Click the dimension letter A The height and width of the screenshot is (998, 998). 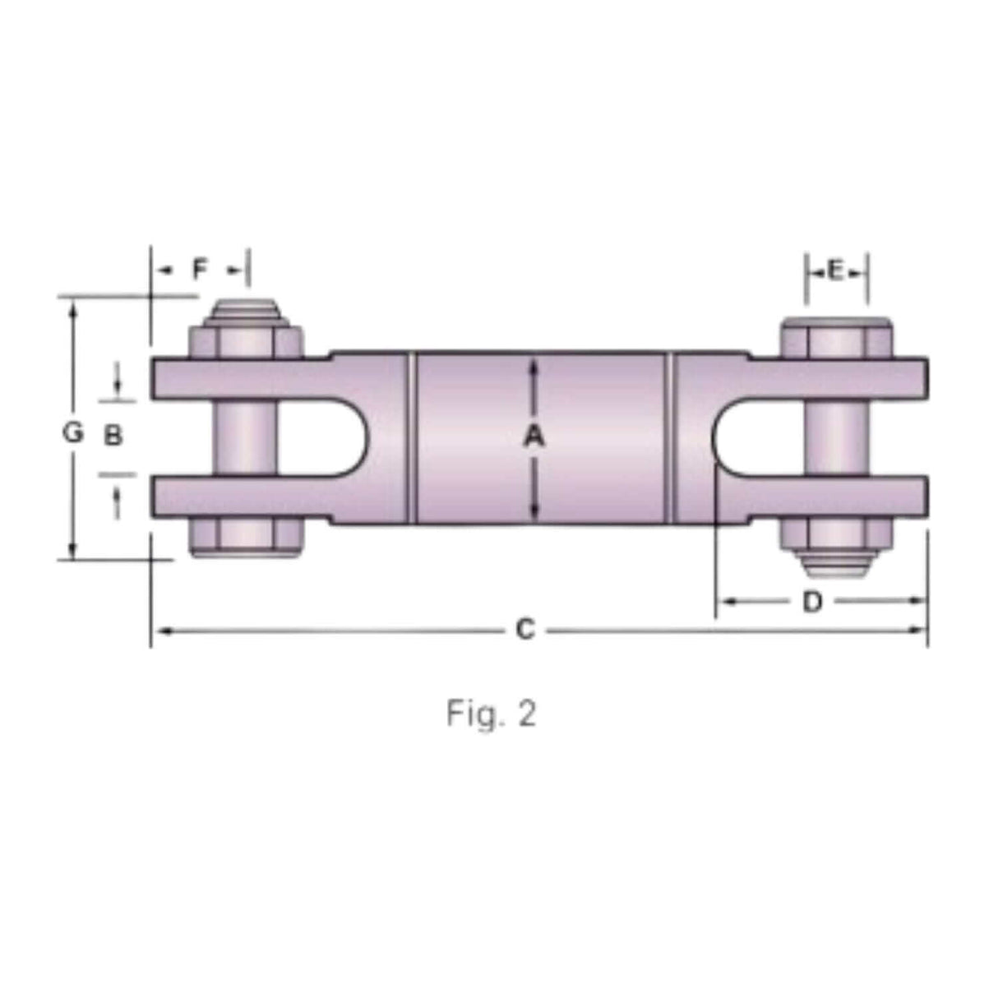(x=534, y=438)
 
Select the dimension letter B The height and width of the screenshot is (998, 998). (x=113, y=435)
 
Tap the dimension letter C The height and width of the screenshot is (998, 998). (x=524, y=630)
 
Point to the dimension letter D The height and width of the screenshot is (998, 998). (x=811, y=602)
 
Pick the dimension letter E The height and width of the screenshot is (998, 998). (x=836, y=270)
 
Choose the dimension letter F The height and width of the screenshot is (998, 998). (x=201, y=269)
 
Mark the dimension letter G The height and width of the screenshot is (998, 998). (x=74, y=432)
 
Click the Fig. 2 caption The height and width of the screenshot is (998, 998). (x=492, y=714)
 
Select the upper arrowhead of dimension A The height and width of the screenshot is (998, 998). (x=534, y=366)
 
